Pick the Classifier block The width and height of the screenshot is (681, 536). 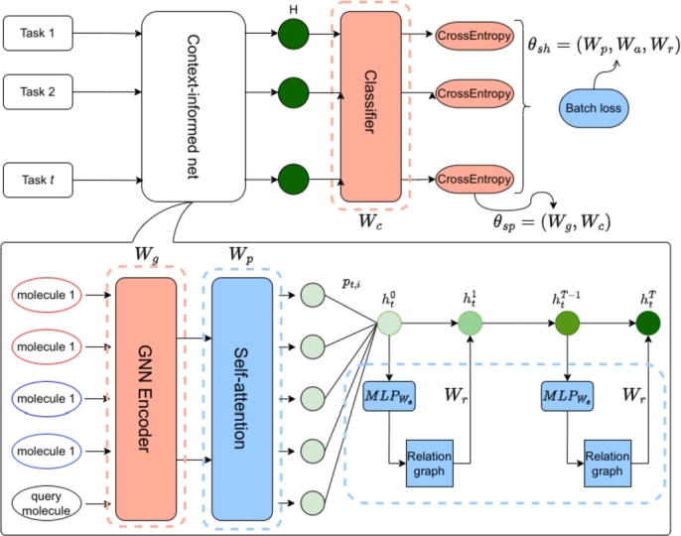[x=371, y=107]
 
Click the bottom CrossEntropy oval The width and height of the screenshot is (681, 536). [x=474, y=180]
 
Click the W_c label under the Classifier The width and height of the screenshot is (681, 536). [x=371, y=223]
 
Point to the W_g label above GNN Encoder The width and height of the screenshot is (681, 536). [x=146, y=255]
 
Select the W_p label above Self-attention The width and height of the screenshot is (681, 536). [x=241, y=255]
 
